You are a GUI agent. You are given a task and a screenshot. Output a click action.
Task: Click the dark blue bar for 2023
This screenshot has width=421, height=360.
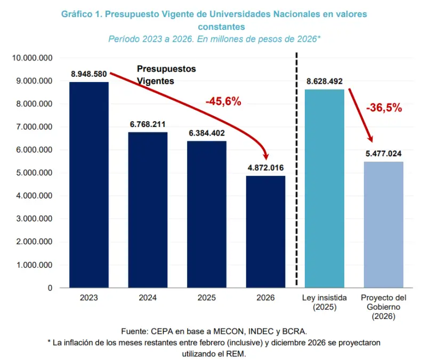89,185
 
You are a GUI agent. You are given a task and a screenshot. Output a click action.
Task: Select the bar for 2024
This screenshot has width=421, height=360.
148,210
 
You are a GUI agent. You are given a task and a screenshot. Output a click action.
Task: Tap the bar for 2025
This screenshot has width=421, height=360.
207,214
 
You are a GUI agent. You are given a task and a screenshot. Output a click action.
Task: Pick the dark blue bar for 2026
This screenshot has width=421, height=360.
265,232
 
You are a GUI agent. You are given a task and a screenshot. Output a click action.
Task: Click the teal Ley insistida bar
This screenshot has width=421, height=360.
325,189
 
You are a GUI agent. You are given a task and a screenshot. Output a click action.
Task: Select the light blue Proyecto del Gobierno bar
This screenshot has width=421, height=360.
383,225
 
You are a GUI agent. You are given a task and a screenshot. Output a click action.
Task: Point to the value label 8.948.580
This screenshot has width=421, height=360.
89,74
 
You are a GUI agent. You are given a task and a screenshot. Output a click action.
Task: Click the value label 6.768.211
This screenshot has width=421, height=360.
148,124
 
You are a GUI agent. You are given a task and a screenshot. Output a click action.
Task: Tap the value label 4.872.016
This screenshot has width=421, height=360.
265,167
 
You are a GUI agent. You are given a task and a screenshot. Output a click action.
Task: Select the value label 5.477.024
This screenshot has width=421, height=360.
383,154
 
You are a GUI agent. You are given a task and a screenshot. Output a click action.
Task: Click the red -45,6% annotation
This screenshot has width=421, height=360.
223,101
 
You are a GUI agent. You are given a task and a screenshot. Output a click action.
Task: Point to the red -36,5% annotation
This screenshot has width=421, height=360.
384,108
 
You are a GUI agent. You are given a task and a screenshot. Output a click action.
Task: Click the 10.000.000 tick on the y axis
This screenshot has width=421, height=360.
32,58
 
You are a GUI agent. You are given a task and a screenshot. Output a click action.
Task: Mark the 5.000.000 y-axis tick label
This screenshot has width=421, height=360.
34,173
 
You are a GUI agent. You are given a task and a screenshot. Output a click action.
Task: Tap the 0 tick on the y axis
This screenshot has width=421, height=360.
50,288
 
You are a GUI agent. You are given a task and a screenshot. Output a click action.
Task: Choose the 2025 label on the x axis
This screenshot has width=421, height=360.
207,298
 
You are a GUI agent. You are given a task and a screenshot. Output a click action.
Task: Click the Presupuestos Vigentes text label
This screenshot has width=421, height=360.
166,75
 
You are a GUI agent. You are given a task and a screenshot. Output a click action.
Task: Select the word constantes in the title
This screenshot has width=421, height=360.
222,27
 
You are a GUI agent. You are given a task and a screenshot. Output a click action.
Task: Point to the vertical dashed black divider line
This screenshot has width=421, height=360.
297,169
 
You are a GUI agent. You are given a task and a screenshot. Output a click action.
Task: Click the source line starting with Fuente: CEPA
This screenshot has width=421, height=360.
214,331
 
